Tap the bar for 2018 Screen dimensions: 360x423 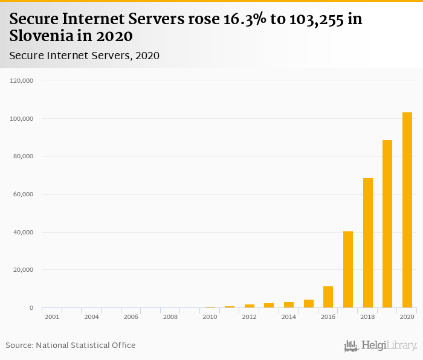tap(367, 243)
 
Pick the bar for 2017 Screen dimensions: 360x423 tap(348, 269)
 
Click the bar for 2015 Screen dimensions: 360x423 tap(309, 304)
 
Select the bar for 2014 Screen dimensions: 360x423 tap(289, 305)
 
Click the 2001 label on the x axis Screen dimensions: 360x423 tap(52, 317)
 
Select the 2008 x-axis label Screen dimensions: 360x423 tap(170, 317)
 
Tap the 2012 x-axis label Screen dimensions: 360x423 tap(250, 317)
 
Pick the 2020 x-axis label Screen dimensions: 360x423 tap(407, 317)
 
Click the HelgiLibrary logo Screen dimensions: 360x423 tap(380, 346)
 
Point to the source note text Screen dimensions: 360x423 tap(71, 346)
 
